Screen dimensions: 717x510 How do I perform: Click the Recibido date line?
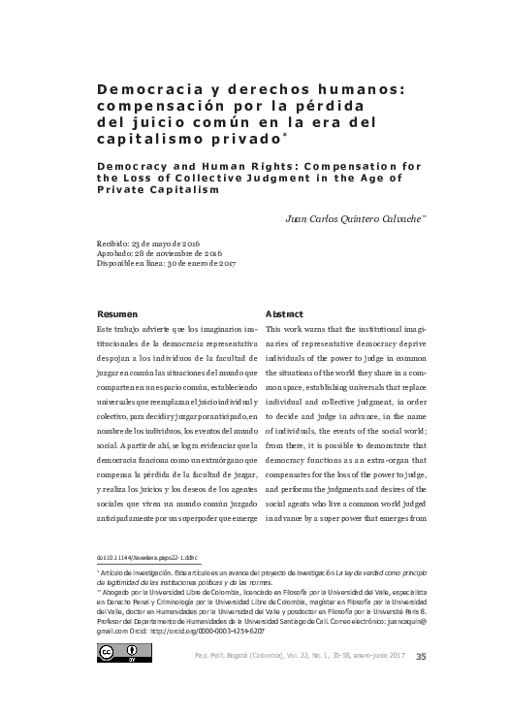click(x=147, y=242)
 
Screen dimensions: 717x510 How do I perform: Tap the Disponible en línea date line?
click(x=168, y=263)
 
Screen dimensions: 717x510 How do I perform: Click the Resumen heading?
click(x=118, y=314)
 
